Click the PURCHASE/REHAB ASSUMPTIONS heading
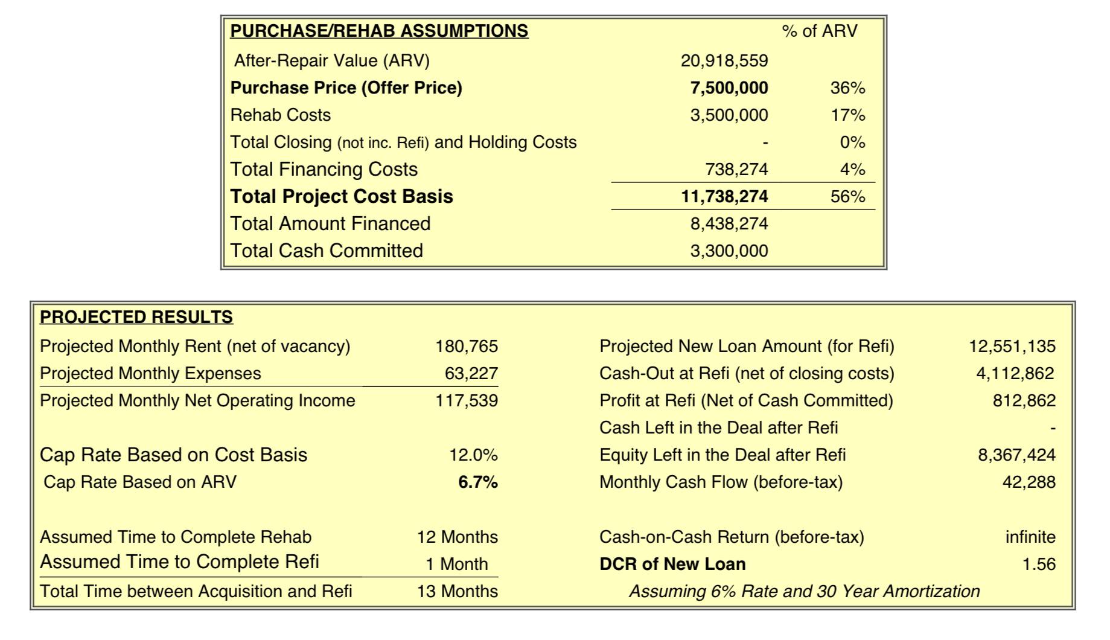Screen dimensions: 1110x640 pos(379,31)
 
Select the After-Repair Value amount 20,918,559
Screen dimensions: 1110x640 pos(724,61)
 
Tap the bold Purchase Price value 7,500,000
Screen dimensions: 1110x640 pos(729,88)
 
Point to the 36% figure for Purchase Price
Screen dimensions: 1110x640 pos(848,88)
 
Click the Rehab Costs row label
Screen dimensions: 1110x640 pos(281,115)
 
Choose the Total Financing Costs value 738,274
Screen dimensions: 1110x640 pos(736,170)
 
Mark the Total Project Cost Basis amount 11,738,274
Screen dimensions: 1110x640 pos(724,197)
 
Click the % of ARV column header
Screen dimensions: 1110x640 pos(820,31)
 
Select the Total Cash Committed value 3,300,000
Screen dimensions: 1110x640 pos(729,251)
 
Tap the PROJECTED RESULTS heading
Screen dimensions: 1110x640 pos(136,317)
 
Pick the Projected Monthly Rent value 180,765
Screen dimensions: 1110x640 pos(467,347)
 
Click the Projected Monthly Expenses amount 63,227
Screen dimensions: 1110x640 pos(471,374)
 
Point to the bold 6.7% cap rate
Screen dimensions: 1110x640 pos(478,482)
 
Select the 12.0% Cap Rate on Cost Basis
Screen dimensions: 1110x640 pos(473,455)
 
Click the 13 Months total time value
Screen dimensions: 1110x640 pos(458,591)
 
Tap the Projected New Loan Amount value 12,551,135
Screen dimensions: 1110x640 pos(1012,347)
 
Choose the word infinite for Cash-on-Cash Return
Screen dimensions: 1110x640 pos(1030,537)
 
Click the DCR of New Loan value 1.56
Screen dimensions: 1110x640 pos(1039,565)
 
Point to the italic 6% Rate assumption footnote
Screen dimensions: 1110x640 pos(805,592)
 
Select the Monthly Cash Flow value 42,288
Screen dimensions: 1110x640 pos(1029,482)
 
